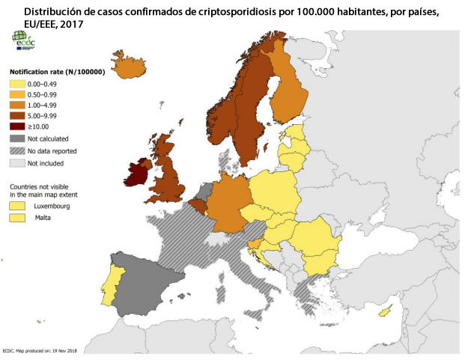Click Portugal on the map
112,285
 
